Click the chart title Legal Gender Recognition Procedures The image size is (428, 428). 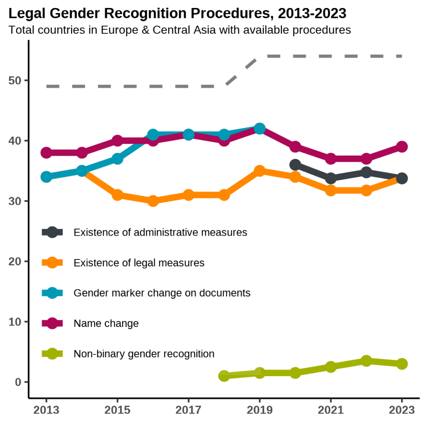pos(177,14)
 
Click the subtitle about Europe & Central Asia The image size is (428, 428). pos(179,30)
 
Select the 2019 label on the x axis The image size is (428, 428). pos(260,410)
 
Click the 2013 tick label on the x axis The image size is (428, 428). pos(46,410)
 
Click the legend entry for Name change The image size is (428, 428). pos(106,323)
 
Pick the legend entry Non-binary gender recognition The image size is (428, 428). pos(144,354)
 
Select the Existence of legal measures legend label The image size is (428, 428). pos(139,262)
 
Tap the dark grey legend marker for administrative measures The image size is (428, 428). pos(52,232)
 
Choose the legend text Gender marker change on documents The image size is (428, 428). pos(162,293)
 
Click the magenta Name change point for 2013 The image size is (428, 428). pos(46,153)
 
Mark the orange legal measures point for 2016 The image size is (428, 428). pos(153,201)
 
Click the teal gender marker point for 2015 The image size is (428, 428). pos(117,159)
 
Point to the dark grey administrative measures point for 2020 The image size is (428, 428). pos(295,165)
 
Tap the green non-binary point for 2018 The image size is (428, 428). pos(224,376)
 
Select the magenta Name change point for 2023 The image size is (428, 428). pos(402,147)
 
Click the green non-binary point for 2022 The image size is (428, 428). pos(367,361)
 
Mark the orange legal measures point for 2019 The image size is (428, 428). pos(260,171)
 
